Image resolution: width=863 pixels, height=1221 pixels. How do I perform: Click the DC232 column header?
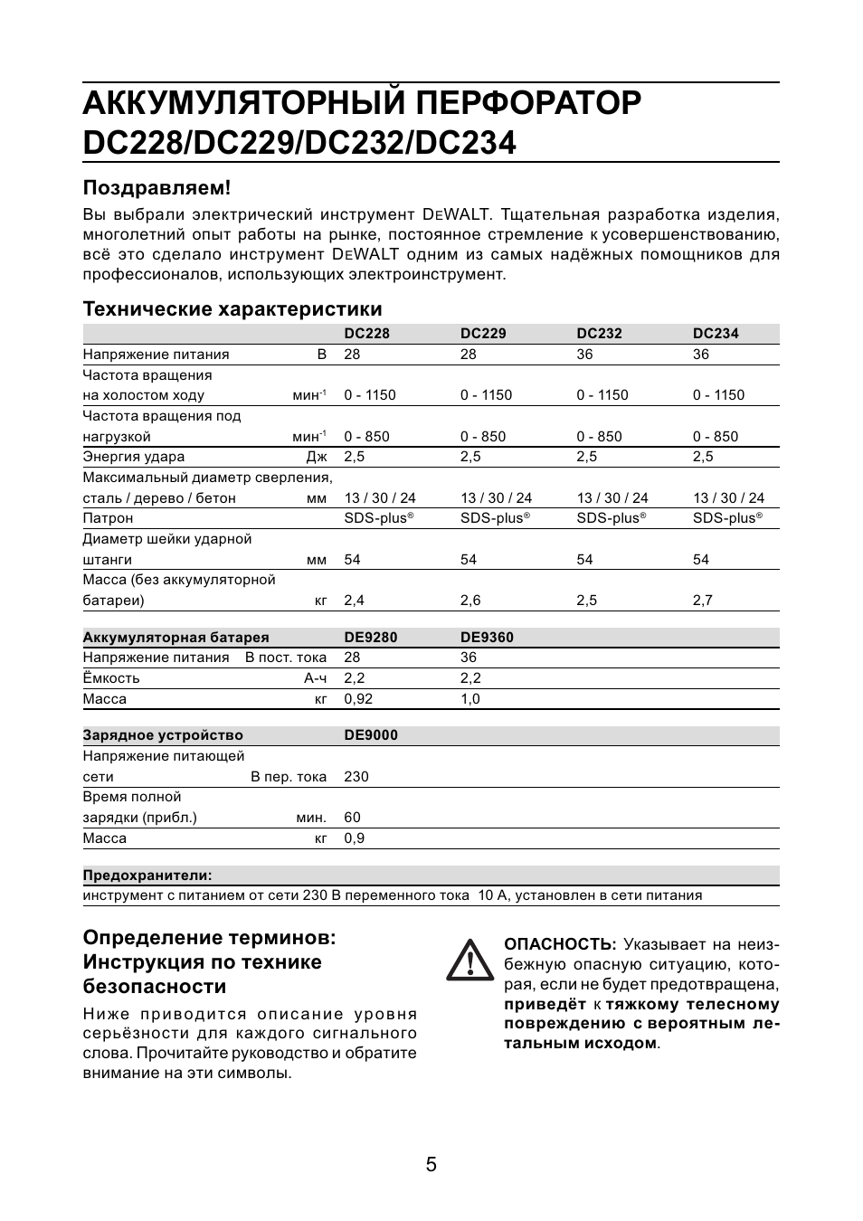(599, 333)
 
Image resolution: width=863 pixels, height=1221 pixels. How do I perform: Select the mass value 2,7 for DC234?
(703, 601)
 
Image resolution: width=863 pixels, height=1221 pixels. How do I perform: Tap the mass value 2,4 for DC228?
(354, 601)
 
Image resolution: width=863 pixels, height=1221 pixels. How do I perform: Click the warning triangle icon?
(469, 960)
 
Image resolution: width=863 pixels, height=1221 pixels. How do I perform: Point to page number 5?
(431, 1165)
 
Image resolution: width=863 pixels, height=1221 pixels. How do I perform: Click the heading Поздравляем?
(156, 187)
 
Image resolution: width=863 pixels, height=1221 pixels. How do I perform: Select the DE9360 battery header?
(487, 637)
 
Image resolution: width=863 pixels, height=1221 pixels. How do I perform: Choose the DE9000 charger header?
(370, 735)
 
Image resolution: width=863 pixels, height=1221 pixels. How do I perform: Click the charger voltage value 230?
(356, 776)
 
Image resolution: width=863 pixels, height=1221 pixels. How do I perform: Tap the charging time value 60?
(352, 818)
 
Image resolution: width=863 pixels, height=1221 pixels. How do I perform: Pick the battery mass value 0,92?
(357, 698)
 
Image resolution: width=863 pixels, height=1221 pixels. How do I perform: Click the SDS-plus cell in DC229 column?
(494, 518)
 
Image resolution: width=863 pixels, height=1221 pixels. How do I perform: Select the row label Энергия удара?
(133, 457)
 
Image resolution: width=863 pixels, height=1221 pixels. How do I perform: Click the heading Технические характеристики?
(232, 308)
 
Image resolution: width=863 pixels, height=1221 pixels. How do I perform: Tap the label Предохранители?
(147, 875)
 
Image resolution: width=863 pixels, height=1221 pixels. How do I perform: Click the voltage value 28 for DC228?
(352, 355)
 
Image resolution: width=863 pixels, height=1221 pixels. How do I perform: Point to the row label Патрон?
(108, 518)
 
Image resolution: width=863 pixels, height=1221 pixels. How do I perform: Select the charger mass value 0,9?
(354, 838)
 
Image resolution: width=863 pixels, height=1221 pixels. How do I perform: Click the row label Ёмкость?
(111, 678)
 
